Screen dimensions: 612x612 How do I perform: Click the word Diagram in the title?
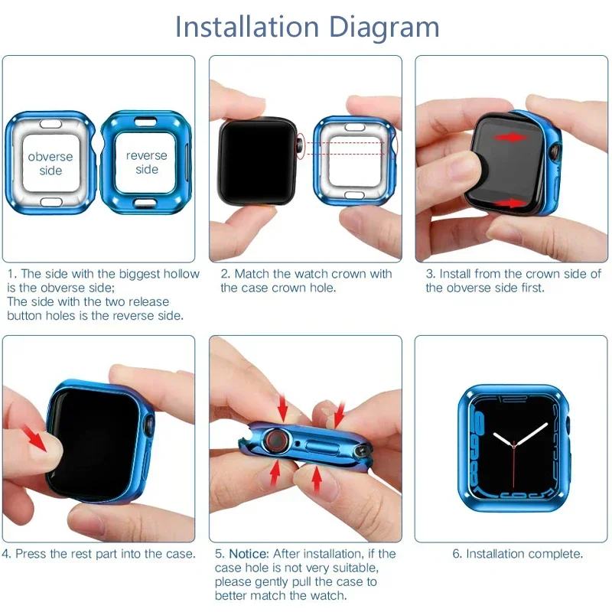point(384,28)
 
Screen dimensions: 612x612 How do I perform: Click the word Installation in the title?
point(247,27)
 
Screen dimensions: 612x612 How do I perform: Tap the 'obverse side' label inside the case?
point(50,163)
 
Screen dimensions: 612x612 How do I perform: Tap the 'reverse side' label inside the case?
point(146,162)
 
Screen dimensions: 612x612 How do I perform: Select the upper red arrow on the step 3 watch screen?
point(511,137)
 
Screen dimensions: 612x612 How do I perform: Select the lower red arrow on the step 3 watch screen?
point(511,203)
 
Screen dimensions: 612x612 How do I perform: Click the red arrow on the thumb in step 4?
point(35,438)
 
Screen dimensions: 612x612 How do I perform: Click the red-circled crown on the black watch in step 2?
point(301,145)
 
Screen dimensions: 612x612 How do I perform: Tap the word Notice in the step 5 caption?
point(249,554)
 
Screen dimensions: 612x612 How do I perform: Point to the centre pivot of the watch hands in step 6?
point(514,444)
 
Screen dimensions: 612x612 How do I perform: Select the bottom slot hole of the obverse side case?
point(51,202)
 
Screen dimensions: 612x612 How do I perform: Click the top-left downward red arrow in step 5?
point(283,408)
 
